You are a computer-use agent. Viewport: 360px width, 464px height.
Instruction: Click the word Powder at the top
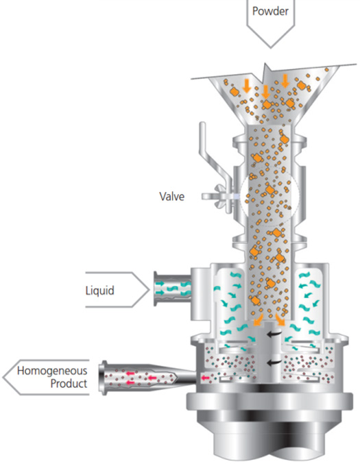coord(270,11)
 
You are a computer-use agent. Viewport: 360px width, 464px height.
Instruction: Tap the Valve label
coord(171,196)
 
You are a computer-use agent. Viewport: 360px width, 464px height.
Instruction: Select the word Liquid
coord(99,291)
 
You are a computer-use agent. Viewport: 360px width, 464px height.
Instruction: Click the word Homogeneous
coord(52,371)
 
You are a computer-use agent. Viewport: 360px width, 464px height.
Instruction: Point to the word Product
coord(69,384)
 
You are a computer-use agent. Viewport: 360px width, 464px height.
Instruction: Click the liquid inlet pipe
coord(172,289)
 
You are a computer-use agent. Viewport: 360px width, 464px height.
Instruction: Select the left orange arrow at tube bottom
coord(258,319)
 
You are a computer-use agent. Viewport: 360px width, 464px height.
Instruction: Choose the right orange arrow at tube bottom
coord(280,319)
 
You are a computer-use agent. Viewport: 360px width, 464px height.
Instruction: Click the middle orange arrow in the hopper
coord(265,92)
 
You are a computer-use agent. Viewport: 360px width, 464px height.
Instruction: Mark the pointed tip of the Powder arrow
coord(271,48)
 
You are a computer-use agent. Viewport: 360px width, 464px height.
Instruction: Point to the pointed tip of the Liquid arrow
coord(149,290)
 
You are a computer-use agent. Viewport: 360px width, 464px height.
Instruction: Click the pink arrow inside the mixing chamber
coord(205,378)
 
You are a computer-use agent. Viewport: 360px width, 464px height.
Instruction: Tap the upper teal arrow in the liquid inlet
coord(160,284)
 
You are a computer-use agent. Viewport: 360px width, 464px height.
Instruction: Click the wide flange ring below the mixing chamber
coord(269,402)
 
